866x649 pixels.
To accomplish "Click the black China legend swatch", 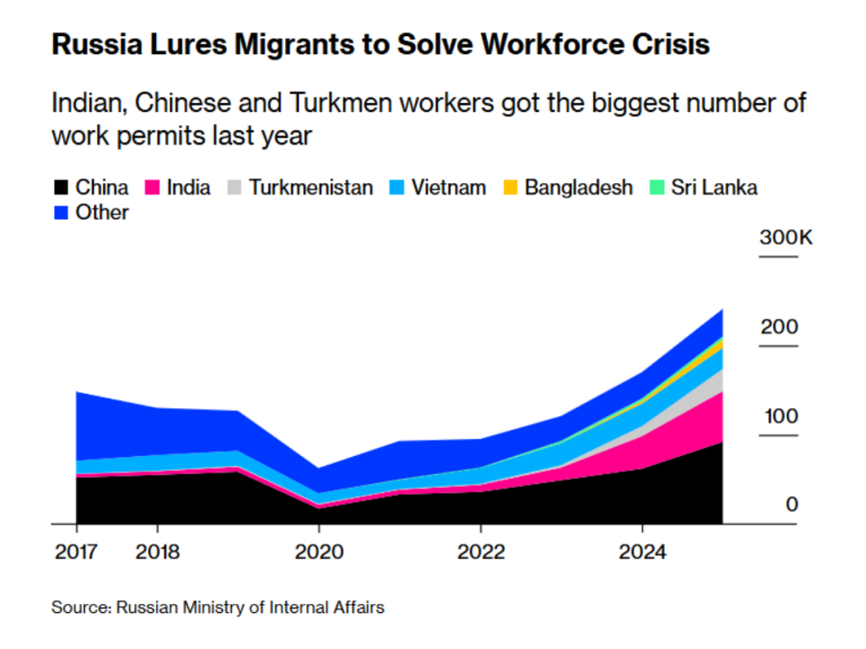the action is click(60, 187).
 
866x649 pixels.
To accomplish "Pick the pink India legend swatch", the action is click(152, 187).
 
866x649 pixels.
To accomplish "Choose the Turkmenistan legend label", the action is click(311, 187).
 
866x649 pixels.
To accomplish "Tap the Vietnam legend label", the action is click(449, 187).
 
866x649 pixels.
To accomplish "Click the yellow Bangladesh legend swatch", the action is click(511, 187).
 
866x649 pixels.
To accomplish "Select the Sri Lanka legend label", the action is click(714, 187).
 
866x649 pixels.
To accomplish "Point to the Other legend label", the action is click(102, 213).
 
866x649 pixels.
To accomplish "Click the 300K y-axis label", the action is click(786, 237).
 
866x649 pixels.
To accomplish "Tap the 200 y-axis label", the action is click(779, 326).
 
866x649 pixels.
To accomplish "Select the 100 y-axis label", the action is click(781, 416).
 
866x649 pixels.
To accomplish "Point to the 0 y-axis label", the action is click(792, 505).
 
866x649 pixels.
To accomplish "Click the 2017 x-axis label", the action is click(76, 552).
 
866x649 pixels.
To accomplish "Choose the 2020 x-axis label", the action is click(319, 552).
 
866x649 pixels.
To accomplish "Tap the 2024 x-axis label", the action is click(642, 552).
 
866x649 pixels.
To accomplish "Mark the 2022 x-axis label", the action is click(481, 552).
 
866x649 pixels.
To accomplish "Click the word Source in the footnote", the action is click(81, 608).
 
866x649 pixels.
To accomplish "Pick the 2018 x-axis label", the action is click(157, 552).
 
